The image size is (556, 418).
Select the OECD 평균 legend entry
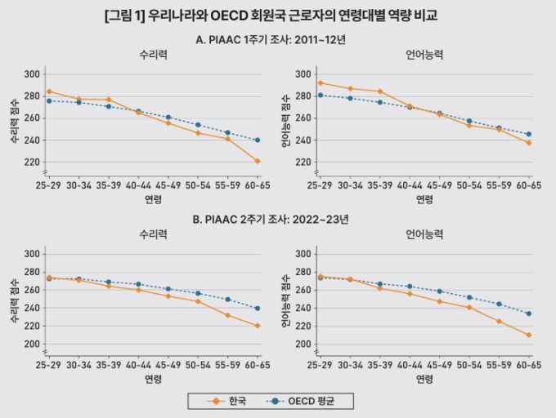pyautogui.click(x=316, y=401)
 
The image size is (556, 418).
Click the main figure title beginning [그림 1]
pyautogui.click(x=277, y=15)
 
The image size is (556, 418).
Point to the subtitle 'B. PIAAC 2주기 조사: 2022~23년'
pyautogui.click(x=277, y=220)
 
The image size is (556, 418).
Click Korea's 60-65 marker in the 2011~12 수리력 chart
pyautogui.click(x=258, y=161)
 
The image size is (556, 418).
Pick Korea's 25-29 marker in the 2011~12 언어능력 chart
pyautogui.click(x=321, y=82)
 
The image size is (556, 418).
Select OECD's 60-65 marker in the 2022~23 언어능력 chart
pyautogui.click(x=529, y=313)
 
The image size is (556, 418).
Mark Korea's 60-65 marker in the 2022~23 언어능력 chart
pyautogui.click(x=529, y=335)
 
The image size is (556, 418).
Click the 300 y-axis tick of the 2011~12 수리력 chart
pyautogui.click(x=32, y=74)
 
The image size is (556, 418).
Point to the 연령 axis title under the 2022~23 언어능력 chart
pyautogui.click(x=424, y=379)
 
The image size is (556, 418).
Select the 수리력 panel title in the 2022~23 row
pyautogui.click(x=153, y=234)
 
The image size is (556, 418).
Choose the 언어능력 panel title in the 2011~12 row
pyautogui.click(x=424, y=56)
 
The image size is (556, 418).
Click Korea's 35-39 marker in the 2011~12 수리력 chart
pyautogui.click(x=109, y=100)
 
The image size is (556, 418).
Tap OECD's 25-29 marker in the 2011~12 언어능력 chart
pyautogui.click(x=321, y=95)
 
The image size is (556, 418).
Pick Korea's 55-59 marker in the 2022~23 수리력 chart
pyautogui.click(x=228, y=315)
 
